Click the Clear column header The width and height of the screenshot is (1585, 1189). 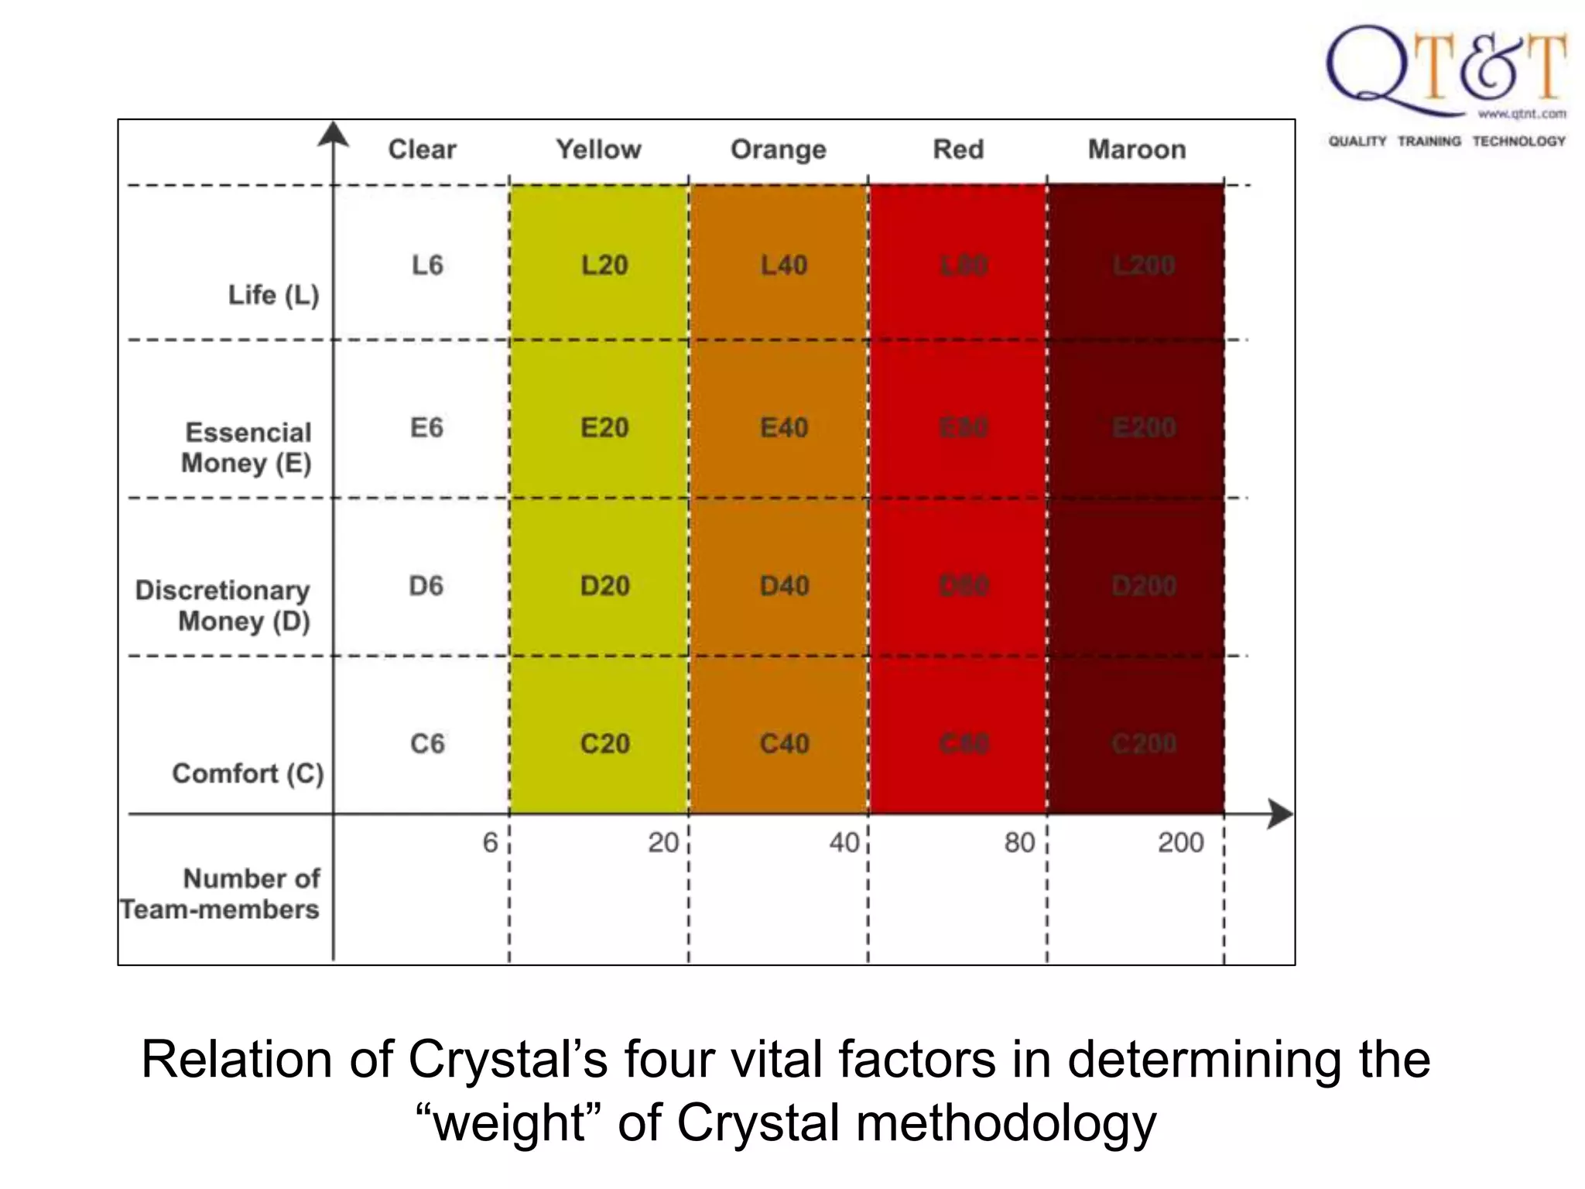(x=422, y=149)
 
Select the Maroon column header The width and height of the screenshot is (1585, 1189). (x=1136, y=149)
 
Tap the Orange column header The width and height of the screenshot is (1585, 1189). (x=778, y=149)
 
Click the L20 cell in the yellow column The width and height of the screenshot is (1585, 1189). (x=604, y=266)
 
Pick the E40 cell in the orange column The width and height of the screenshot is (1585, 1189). (x=784, y=427)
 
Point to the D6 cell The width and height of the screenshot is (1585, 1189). (x=426, y=586)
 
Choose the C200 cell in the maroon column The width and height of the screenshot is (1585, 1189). (x=1144, y=744)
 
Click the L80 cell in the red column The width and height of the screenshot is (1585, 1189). (x=964, y=266)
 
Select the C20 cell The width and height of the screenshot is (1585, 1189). (x=604, y=744)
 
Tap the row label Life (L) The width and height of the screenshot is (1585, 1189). (x=273, y=295)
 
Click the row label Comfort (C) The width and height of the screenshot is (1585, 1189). (x=248, y=773)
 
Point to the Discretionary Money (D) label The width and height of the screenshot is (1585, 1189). (x=224, y=605)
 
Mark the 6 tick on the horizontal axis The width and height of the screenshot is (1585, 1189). (x=490, y=842)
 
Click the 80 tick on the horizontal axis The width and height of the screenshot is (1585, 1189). (x=1019, y=842)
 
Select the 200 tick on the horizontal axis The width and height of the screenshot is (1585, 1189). (x=1180, y=842)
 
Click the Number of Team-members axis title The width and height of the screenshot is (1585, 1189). (x=221, y=894)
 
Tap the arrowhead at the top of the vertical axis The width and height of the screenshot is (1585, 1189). (x=334, y=133)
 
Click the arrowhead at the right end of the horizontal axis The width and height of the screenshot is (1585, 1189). (x=1280, y=814)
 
